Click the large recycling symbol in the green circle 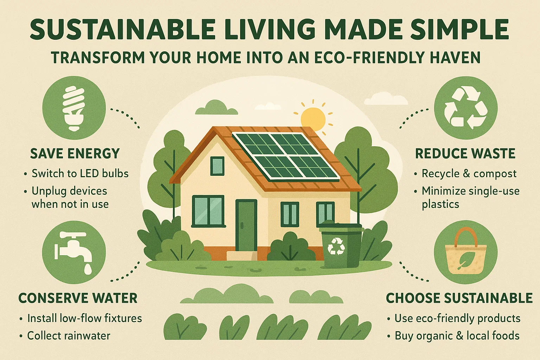[465, 108]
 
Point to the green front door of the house [246, 225]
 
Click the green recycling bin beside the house [340, 246]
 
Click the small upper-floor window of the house [217, 166]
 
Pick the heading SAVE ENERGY [75, 154]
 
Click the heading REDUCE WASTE [465, 154]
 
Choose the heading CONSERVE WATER [78, 298]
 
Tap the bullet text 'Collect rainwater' [69, 336]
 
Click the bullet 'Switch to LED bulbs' [80, 173]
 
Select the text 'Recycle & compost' [469, 173]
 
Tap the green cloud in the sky [216, 108]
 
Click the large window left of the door [208, 211]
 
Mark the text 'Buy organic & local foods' [457, 336]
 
